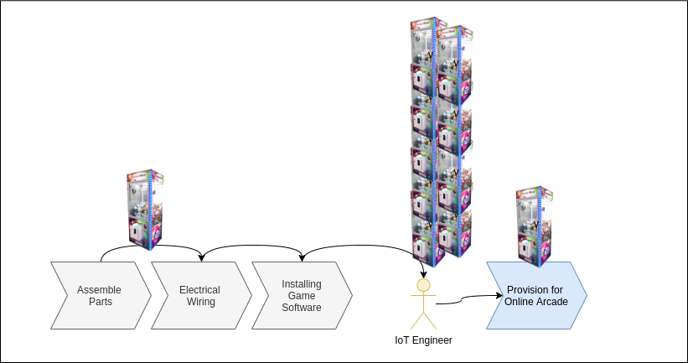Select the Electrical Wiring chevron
pos(200,296)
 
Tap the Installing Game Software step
pos(301,296)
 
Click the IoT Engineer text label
pos(423,340)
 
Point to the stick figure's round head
pos(424,286)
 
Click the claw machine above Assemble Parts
pos(146,210)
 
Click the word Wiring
pos(200,302)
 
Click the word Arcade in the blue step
pos(551,302)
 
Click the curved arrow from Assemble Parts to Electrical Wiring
pos(151,245)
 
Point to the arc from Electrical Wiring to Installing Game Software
pos(251,246)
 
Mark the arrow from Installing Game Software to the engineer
pos(360,246)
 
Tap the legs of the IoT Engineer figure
pos(424,320)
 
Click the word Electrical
pos(200,290)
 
